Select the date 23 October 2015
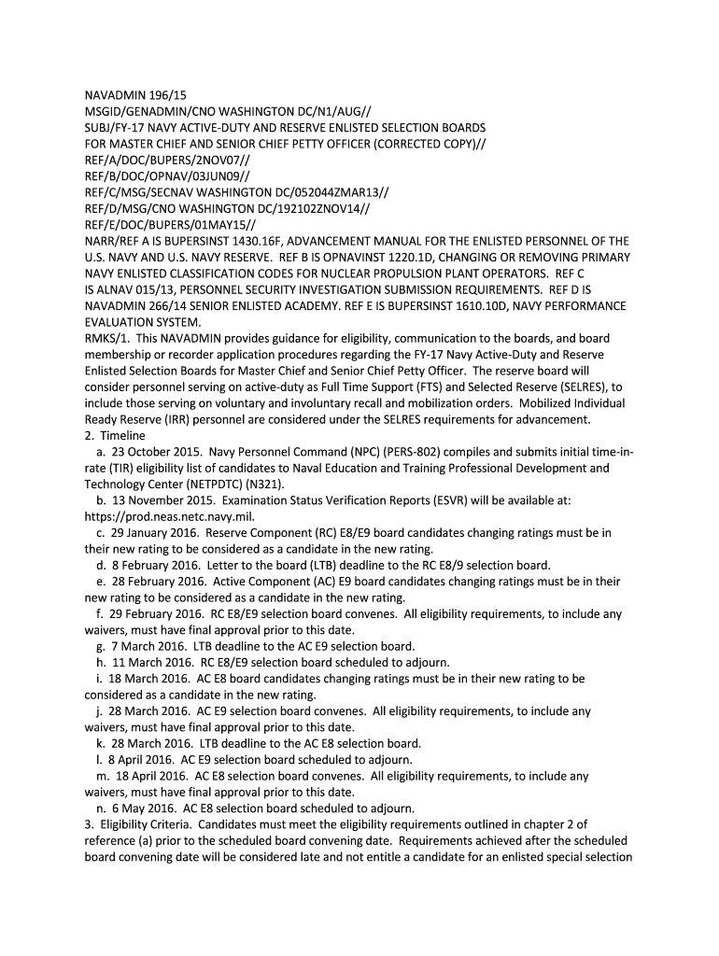click(152, 451)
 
